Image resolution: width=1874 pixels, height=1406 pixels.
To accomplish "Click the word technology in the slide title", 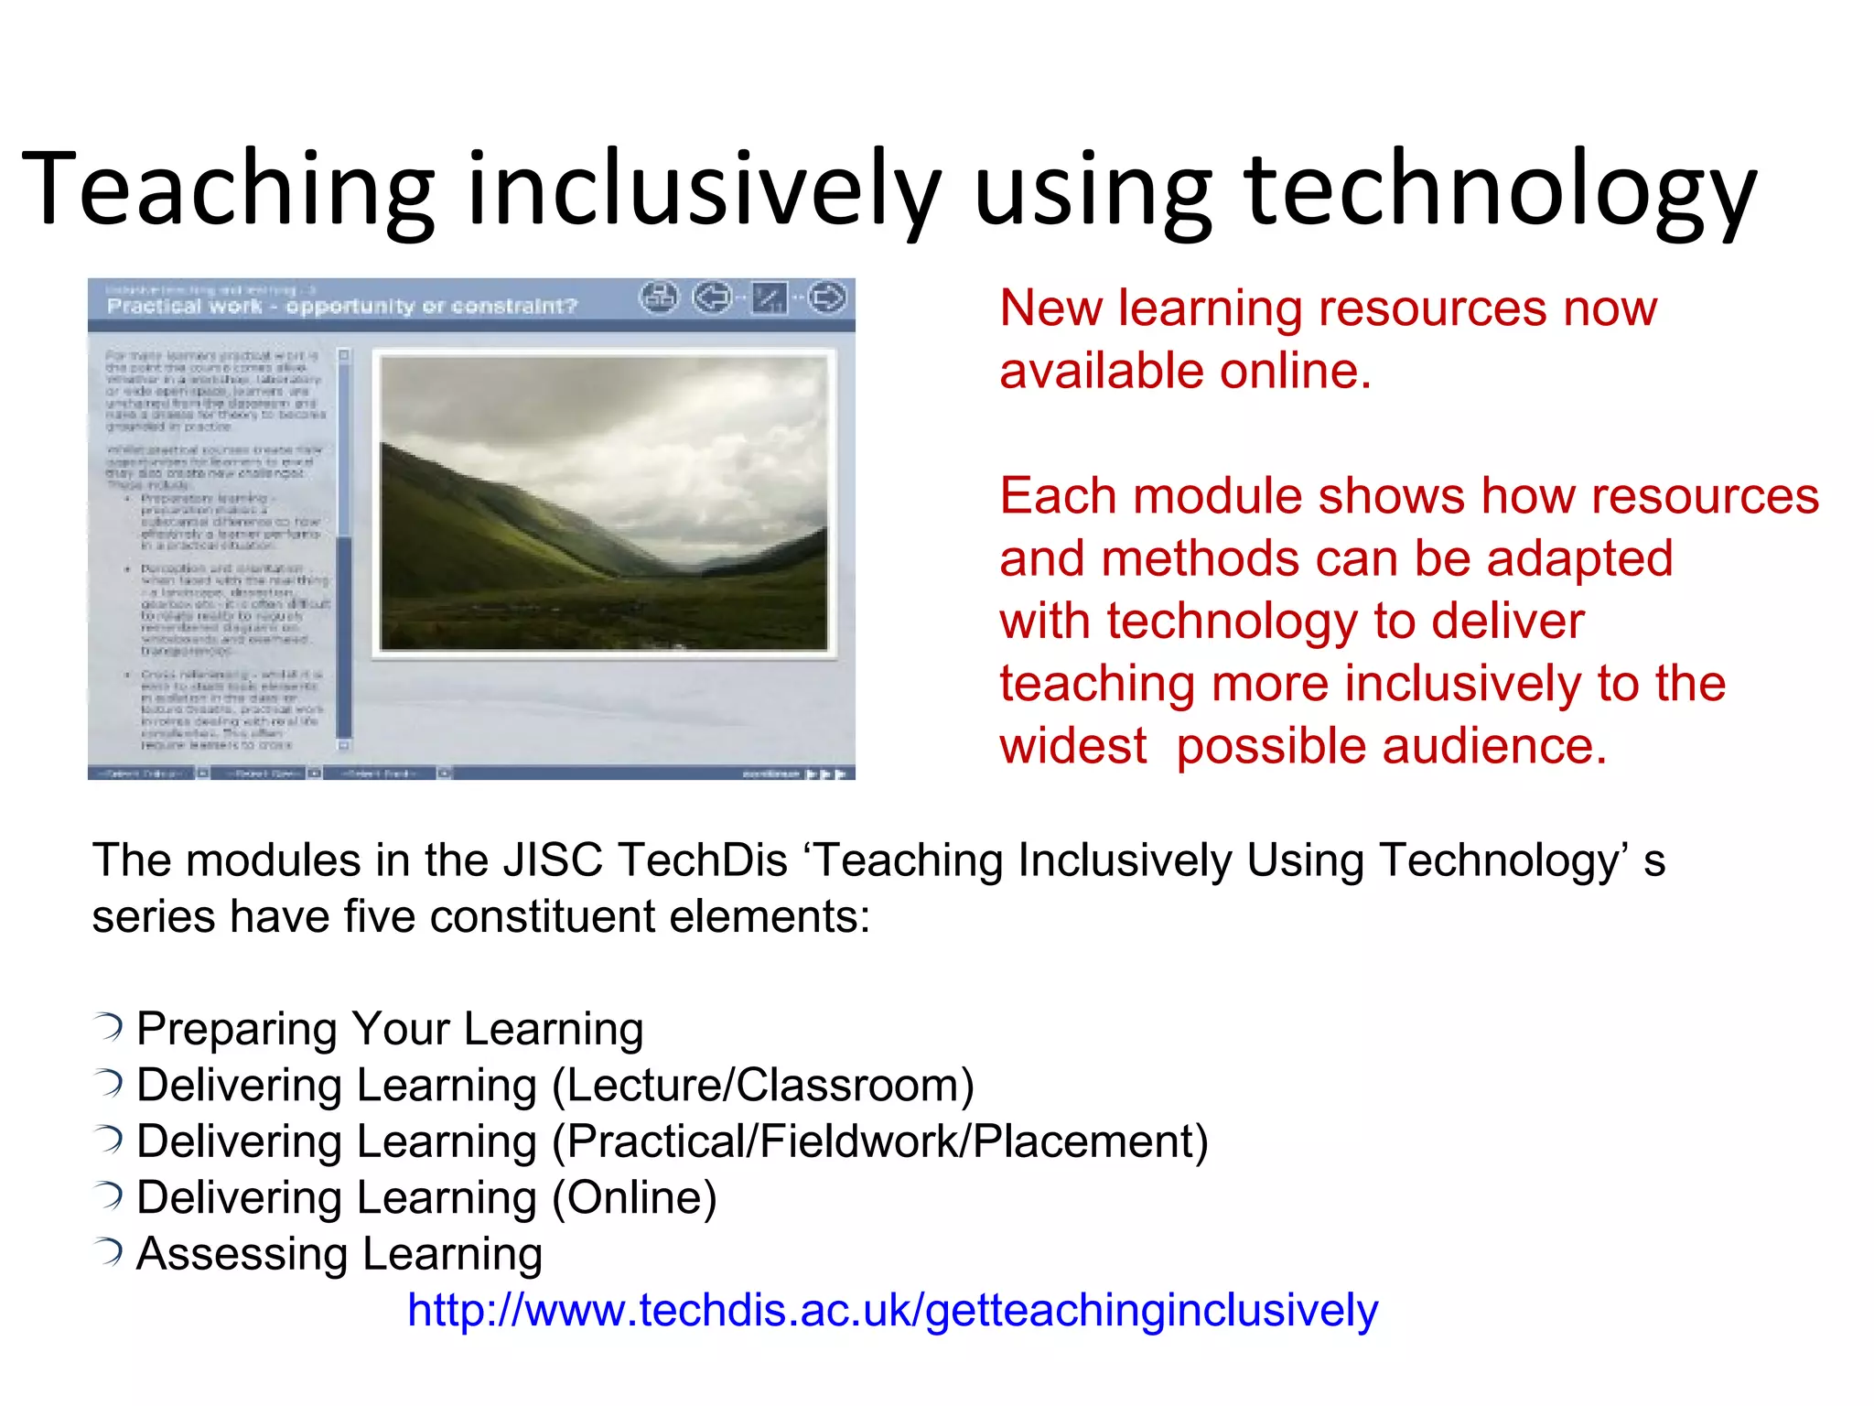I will pyautogui.click(x=1500, y=190).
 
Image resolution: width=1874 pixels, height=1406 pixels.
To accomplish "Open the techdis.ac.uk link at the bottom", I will pyautogui.click(x=892, y=1310).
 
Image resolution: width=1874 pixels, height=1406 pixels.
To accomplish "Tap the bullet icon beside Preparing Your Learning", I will pyautogui.click(x=109, y=1027).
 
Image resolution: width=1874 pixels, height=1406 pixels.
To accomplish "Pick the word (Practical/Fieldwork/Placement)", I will pyautogui.click(x=879, y=1141).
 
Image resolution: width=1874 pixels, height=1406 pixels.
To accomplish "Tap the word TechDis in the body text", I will pyautogui.click(x=702, y=860).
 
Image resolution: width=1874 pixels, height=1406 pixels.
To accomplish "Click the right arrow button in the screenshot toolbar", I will pyautogui.click(x=827, y=297).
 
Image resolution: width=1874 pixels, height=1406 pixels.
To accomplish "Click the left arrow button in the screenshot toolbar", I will pyautogui.click(x=712, y=297).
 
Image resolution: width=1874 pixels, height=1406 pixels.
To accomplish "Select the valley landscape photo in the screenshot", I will pyautogui.click(x=603, y=502).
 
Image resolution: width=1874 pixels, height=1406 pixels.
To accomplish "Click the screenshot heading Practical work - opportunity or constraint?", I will pyautogui.click(x=342, y=306).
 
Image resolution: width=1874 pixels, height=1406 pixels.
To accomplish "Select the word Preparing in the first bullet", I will pyautogui.click(x=236, y=1029).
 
